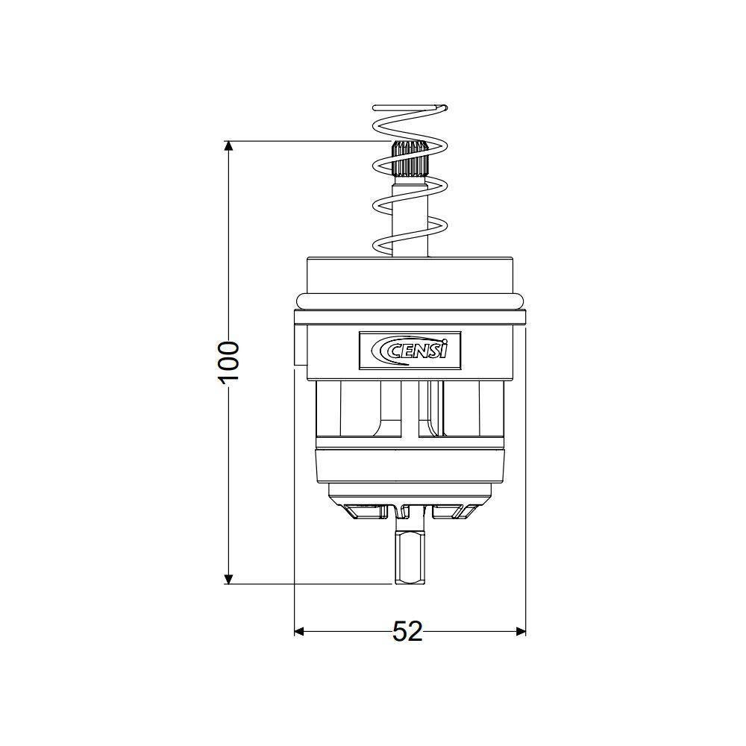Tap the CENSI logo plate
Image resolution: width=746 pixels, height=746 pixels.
[410, 350]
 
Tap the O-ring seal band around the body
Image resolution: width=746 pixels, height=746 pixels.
[410, 301]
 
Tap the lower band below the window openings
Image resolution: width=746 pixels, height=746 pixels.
[410, 466]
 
